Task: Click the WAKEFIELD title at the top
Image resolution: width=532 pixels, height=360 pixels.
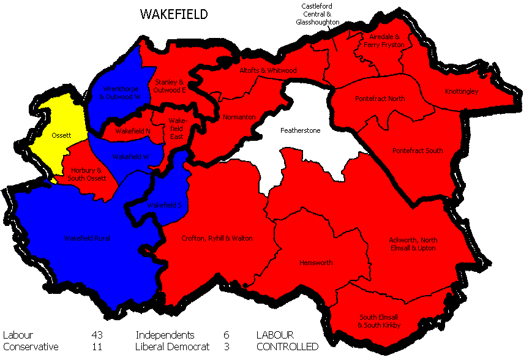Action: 174,13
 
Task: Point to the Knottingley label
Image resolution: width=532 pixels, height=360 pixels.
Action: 461,91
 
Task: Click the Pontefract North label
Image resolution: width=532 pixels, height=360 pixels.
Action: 380,99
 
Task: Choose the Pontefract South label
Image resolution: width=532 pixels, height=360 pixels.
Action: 418,150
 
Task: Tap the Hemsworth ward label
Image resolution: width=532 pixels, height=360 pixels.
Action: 316,263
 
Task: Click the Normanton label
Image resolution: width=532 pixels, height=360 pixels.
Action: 239,117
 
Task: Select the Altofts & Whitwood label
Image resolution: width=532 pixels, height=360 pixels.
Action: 268,70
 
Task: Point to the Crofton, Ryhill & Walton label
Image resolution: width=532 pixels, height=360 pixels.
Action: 217,238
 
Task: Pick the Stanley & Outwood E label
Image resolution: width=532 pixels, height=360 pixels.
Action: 170,86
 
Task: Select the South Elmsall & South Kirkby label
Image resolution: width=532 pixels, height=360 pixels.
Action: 380,321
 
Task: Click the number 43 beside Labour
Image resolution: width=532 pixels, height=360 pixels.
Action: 96,335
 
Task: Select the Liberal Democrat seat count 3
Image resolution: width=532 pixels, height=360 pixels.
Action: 227,347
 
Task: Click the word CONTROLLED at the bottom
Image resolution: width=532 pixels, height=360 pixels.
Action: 287,347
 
